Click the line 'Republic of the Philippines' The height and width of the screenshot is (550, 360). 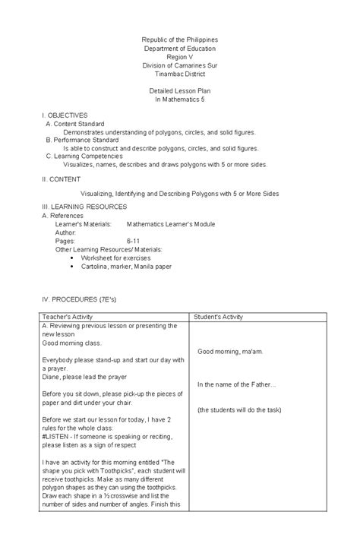coord(180,39)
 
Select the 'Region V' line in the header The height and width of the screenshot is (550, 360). coord(180,56)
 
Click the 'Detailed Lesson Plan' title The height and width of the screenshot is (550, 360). coord(180,91)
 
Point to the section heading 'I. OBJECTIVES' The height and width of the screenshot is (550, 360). coord(65,114)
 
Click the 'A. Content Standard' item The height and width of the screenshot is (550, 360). coord(75,123)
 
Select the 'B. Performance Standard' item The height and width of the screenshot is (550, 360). coord(81,140)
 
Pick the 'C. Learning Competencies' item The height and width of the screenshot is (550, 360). coord(84,156)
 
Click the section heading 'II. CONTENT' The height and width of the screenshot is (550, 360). coord(62,179)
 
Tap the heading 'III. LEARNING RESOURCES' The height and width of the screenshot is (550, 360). coord(84,207)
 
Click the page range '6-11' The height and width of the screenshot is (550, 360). coord(134,240)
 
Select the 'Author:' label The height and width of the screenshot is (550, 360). coord(67,232)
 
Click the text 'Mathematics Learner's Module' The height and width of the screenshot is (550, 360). coord(171,224)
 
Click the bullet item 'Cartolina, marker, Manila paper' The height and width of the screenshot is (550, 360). coord(128,266)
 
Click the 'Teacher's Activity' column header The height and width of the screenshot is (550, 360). coord(70,316)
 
